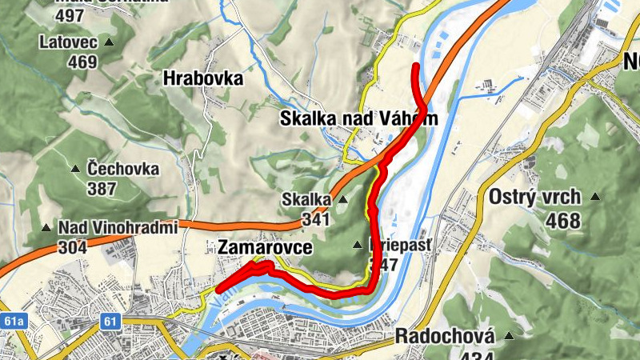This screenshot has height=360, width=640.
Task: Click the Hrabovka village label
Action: [x=202, y=78]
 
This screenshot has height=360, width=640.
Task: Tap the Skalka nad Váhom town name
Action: [x=359, y=118]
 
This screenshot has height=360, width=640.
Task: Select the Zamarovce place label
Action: [x=264, y=248]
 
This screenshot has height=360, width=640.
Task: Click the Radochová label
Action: [x=445, y=336]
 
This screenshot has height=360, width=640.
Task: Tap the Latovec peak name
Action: [x=70, y=41]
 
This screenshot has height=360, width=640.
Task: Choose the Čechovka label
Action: [x=123, y=170]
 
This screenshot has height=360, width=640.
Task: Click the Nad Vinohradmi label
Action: [x=117, y=228]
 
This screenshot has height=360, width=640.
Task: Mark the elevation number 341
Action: [x=317, y=218]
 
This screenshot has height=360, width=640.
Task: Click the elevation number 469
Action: [x=82, y=62]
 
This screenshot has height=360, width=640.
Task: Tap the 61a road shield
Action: [x=14, y=322]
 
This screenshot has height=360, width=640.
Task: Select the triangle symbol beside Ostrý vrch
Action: [x=595, y=197]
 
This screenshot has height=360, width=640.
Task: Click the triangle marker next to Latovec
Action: [x=110, y=42]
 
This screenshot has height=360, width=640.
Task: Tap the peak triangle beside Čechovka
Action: [x=76, y=169]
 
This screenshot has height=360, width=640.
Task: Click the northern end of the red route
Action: [x=414, y=65]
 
